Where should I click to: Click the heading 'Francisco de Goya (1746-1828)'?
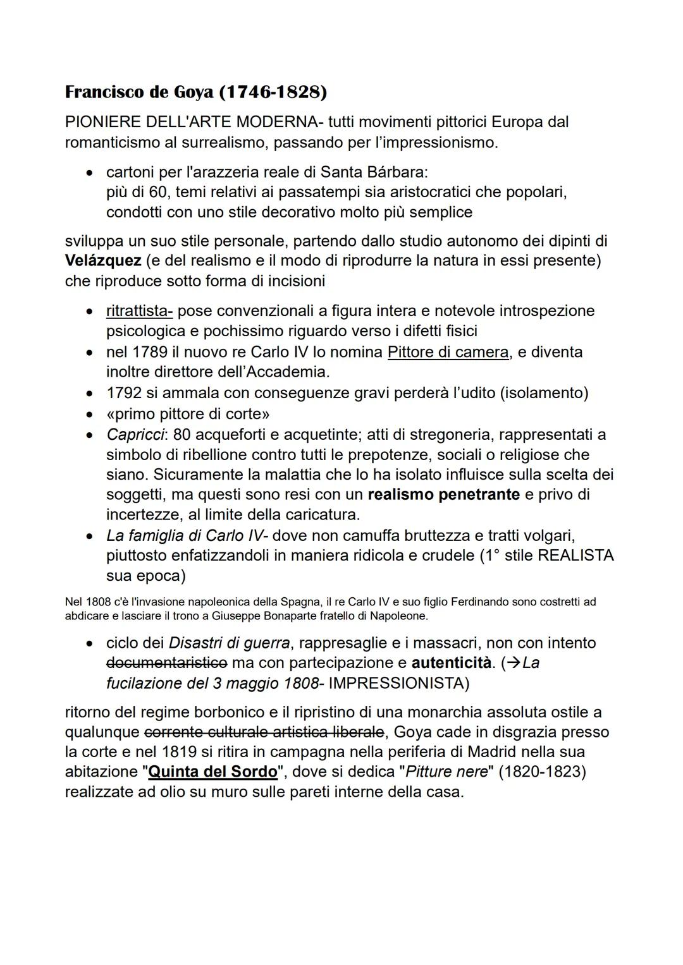tap(196, 93)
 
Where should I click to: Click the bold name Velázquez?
tap(102, 261)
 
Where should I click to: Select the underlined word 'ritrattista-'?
tap(139, 311)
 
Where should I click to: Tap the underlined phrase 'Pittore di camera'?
tap(448, 352)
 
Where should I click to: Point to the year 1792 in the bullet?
tap(124, 393)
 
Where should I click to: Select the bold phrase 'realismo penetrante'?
tap(443, 495)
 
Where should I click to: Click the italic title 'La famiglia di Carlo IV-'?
tap(187, 536)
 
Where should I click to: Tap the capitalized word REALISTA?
tap(575, 556)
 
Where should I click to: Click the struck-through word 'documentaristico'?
tap(166, 663)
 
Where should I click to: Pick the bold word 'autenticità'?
tap(451, 663)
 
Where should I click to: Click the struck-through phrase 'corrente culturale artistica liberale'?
tap(264, 732)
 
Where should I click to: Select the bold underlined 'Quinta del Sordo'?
tap(212, 772)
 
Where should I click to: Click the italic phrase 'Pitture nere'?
tap(446, 772)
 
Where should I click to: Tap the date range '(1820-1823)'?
tap(542, 772)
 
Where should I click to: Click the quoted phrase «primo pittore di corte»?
tap(188, 415)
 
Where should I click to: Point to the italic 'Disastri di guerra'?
tap(229, 643)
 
